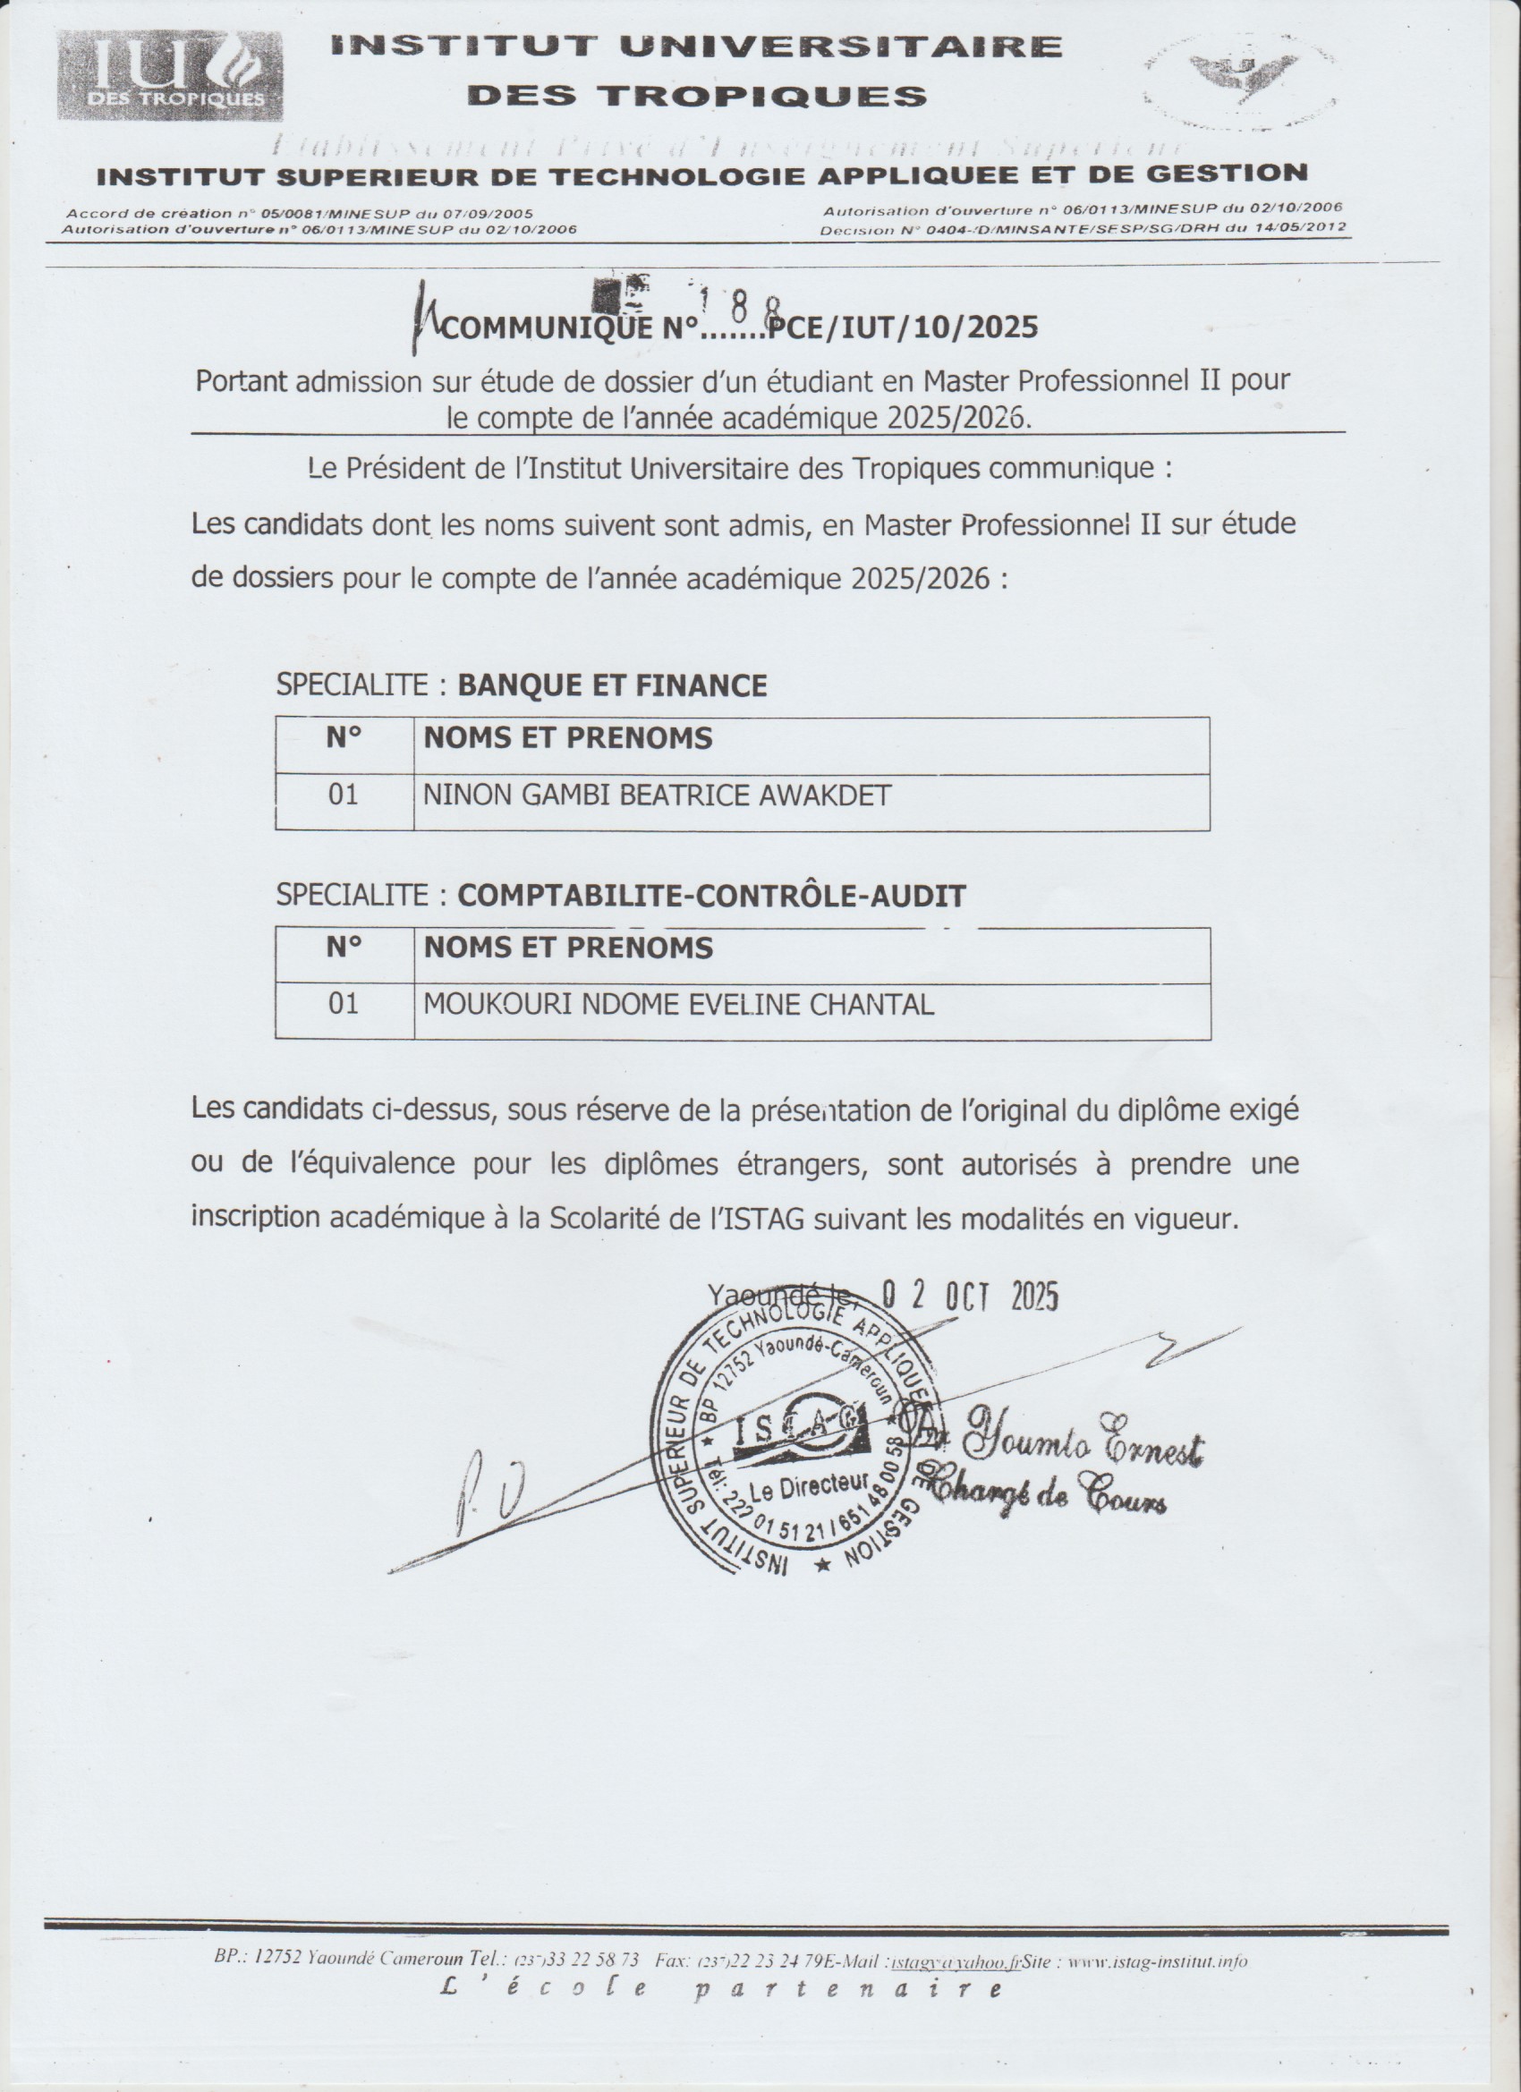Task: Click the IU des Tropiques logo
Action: click(x=171, y=76)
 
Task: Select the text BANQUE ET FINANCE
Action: click(x=613, y=685)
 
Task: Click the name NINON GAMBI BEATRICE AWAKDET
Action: click(x=657, y=795)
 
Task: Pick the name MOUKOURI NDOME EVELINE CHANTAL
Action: click(x=678, y=1005)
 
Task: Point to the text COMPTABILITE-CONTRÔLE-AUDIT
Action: click(x=711, y=896)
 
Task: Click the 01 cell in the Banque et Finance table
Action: click(x=344, y=795)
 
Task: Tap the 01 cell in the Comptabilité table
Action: click(x=344, y=1005)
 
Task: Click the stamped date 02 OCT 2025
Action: click(x=970, y=1297)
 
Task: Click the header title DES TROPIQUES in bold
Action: click(x=697, y=95)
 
